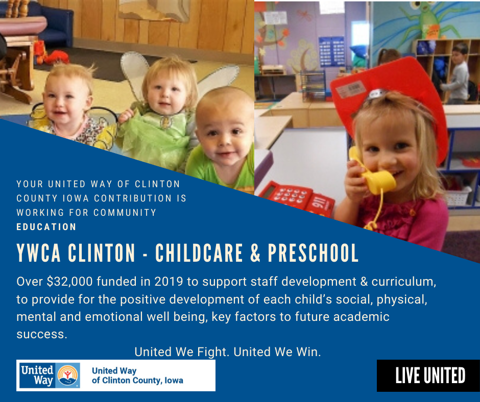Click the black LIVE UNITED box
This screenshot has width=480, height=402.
tap(428, 375)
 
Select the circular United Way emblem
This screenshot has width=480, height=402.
tap(68, 375)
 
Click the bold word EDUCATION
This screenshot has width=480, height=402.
tap(46, 227)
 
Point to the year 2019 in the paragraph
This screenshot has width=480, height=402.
tap(169, 282)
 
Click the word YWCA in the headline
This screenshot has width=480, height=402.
tap(39, 253)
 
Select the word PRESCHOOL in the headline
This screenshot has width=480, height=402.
tap(313, 253)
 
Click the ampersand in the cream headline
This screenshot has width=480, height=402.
tap(255, 253)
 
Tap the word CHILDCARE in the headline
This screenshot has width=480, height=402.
tap(199, 253)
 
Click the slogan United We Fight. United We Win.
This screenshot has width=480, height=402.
tap(228, 352)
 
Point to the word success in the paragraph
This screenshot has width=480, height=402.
tap(42, 334)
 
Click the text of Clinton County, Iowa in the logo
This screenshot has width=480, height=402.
tap(137, 380)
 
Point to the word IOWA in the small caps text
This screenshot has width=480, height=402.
tap(76, 198)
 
